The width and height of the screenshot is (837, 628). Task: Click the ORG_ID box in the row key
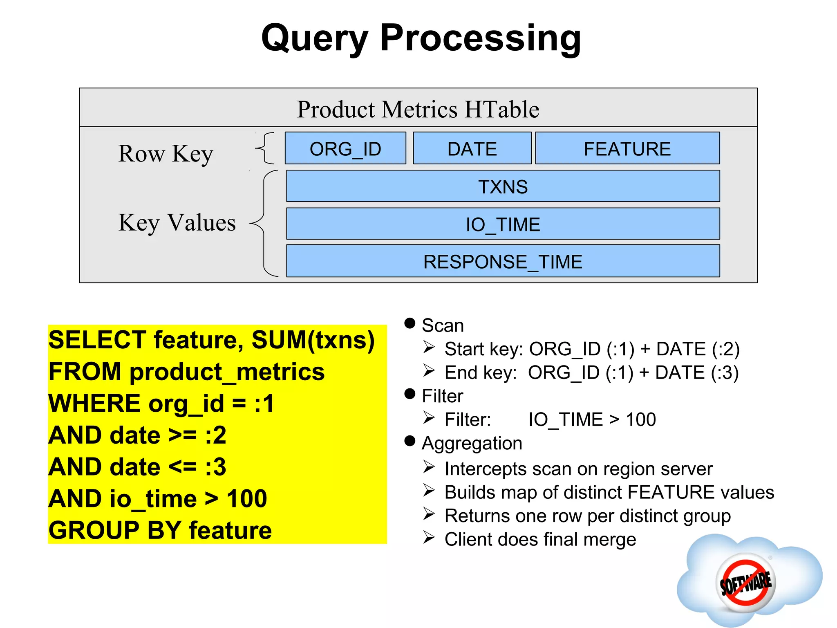[x=345, y=148]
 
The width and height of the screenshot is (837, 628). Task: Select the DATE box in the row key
[x=472, y=148]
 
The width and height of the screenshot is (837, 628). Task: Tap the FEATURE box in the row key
[x=627, y=148]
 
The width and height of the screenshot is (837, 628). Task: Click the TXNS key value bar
[x=503, y=186]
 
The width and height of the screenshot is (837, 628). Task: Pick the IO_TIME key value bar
[x=503, y=224]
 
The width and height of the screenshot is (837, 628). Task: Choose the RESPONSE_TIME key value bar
[x=503, y=261]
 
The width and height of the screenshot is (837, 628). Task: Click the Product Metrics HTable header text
[x=418, y=110]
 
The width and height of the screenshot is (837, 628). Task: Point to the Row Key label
[x=166, y=154]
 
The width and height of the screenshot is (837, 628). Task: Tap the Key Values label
[x=177, y=223]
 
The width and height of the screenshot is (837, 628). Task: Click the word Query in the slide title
[x=315, y=39]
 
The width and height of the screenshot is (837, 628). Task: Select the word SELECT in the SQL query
[x=97, y=340]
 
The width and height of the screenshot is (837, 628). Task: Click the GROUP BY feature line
[x=160, y=530]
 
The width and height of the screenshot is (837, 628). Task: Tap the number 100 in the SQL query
[x=246, y=499]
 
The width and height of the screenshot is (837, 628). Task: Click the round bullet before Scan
[x=410, y=323]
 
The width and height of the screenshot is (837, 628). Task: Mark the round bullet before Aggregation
[x=410, y=441]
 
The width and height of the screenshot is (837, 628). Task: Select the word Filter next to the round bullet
[x=442, y=396]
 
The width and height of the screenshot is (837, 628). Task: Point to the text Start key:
[x=483, y=349]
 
